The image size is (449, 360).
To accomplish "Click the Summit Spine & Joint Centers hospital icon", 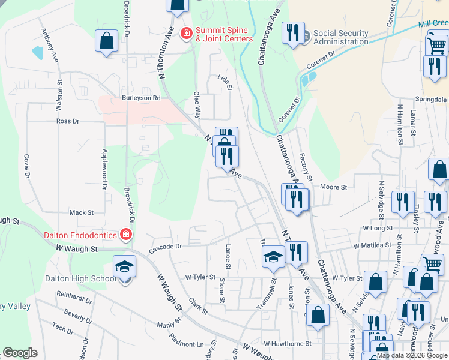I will coord(187,32).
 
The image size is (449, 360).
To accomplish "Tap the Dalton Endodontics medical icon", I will coord(127,234).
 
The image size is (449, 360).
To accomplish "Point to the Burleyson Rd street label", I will coord(141,98).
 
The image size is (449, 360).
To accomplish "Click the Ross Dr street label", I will coord(67,121).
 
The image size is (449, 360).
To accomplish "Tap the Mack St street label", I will coord(82,212).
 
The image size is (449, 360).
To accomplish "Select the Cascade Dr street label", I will coord(165,247).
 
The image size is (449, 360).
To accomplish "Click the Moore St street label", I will coord(334,187).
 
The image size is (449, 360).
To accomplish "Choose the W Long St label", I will coord(377,229).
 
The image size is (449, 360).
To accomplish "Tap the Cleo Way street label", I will coord(196,104).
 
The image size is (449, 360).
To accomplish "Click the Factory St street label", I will coord(305,166).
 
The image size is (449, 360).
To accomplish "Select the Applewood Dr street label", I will coord(104,170).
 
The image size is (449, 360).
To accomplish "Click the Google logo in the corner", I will coord(20,353).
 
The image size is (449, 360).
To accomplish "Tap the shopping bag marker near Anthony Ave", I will coord(106,42).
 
